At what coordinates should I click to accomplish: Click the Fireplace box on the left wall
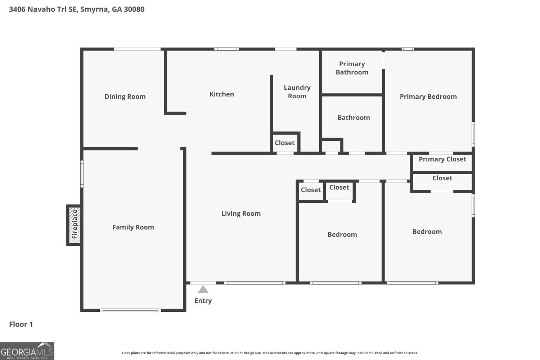pyautogui.click(x=74, y=225)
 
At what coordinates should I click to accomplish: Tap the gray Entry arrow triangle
pyautogui.click(x=203, y=289)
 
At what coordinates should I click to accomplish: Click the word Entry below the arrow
pyautogui.click(x=203, y=301)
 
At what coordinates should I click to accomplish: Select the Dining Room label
pyautogui.click(x=125, y=96)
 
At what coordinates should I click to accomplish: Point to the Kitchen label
pyautogui.click(x=221, y=94)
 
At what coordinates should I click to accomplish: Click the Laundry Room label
pyautogui.click(x=297, y=92)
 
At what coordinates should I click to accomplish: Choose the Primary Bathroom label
pyautogui.click(x=352, y=68)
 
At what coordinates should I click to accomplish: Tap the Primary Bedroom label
pyautogui.click(x=428, y=96)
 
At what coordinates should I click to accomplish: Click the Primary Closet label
pyautogui.click(x=442, y=159)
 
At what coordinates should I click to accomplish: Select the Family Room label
pyautogui.click(x=133, y=227)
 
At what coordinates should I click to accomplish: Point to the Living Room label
pyautogui.click(x=241, y=213)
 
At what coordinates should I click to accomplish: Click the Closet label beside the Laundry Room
pyautogui.click(x=284, y=143)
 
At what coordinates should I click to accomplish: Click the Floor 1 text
pyautogui.click(x=21, y=324)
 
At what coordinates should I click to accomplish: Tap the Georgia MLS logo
pyautogui.click(x=27, y=351)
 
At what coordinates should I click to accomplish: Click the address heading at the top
pyautogui.click(x=77, y=9)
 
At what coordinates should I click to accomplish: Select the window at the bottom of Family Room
pyautogui.click(x=130, y=310)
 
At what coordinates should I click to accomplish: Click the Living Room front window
pyautogui.click(x=255, y=283)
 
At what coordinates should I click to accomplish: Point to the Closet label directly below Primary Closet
pyautogui.click(x=442, y=178)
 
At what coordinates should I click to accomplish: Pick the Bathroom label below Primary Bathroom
pyautogui.click(x=354, y=117)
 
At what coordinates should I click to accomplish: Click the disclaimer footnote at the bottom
pyautogui.click(x=270, y=353)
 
